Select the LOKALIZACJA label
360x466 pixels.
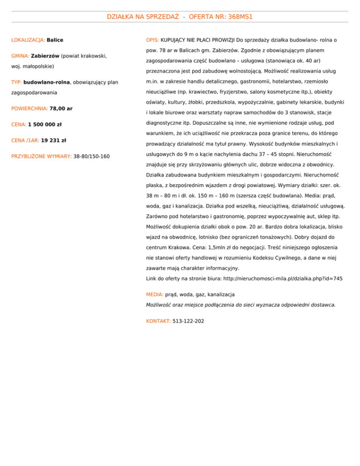(x=28, y=40)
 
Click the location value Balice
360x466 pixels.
(x=55, y=40)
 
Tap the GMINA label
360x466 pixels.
(x=20, y=57)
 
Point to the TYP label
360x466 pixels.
(x=16, y=83)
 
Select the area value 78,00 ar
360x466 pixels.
(x=61, y=108)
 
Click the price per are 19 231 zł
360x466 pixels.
(x=53, y=140)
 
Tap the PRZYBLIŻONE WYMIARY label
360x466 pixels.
(x=41, y=156)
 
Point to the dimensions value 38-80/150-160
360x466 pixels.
(x=91, y=156)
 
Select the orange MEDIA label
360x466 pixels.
(x=155, y=294)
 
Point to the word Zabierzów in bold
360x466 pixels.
(x=45, y=57)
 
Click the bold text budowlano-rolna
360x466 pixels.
(x=46, y=83)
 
